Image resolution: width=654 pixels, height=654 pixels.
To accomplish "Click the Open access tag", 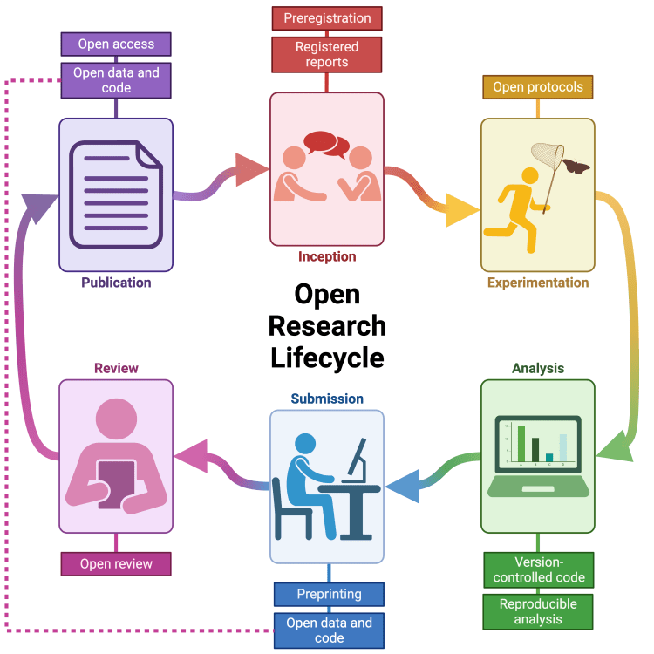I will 116,44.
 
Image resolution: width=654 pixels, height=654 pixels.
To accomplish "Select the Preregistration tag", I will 327,17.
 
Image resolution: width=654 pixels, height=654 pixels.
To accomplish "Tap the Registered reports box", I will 327,54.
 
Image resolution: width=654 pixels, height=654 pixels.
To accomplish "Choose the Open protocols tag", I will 538,87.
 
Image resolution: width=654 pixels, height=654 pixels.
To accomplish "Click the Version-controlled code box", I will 538,570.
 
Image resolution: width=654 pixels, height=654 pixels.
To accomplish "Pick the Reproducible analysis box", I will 538,611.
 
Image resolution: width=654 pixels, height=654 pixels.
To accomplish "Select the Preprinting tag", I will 329,595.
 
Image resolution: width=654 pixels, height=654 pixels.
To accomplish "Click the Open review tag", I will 116,564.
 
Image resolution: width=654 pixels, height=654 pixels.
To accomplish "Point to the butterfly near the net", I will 576,166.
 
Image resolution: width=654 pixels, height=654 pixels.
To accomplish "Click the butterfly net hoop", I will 548,156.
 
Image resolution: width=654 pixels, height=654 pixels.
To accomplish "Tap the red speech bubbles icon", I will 326,142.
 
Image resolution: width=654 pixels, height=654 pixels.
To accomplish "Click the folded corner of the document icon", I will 148,156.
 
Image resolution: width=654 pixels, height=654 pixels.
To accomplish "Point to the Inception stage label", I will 327,256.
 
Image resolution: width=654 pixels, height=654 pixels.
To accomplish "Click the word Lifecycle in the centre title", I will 327,358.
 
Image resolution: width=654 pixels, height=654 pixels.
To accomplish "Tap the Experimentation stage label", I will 538,283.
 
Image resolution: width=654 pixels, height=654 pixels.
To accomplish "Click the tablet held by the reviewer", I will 116,484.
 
